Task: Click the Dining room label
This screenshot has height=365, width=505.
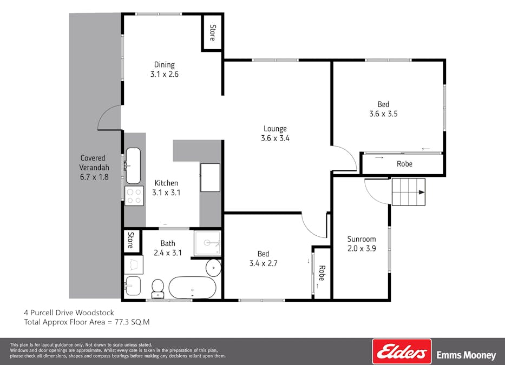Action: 164,70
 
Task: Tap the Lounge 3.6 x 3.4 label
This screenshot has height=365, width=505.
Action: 275,133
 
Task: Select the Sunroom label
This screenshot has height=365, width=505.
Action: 362,243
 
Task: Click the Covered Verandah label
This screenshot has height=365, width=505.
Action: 93,167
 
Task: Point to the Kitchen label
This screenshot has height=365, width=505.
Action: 166,188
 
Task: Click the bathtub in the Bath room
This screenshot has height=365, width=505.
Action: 192,287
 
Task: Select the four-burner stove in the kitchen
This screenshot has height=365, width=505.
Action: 134,196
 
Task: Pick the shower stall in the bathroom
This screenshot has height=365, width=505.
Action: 207,243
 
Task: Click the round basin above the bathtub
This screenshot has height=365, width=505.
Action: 213,267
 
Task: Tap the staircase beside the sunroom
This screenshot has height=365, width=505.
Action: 409,192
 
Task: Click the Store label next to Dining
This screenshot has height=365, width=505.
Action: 213,32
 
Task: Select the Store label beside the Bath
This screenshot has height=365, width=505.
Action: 130,241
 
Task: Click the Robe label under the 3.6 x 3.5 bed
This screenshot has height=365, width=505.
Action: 404,164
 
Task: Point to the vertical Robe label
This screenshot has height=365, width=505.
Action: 321,273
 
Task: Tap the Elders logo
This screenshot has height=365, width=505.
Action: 402,351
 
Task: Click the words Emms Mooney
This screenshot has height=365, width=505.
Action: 466,355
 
